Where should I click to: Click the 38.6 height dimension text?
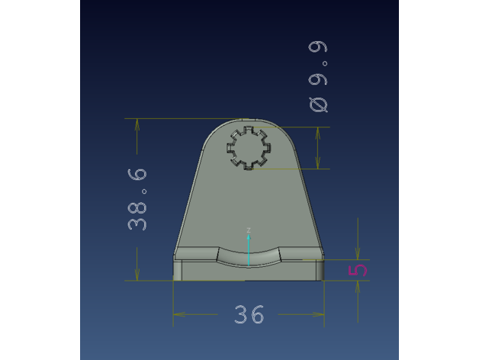click(x=137, y=200)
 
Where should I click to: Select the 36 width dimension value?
click(x=249, y=314)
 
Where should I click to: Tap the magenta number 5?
click(x=358, y=270)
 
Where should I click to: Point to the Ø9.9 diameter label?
click(x=318, y=77)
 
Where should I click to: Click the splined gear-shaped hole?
click(x=249, y=148)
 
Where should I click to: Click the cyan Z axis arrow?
click(x=249, y=250)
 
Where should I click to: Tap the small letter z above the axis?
click(x=249, y=230)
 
